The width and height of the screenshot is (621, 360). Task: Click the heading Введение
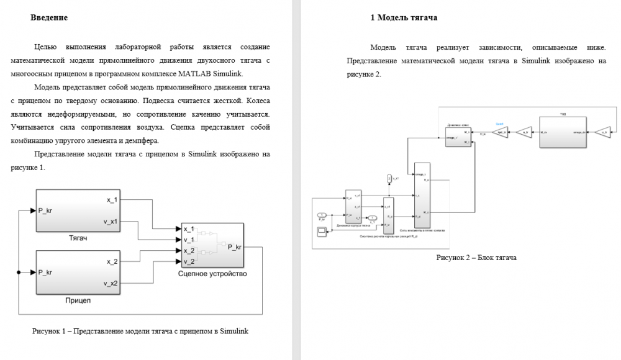(49, 18)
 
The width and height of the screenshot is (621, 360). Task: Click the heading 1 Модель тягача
(404, 18)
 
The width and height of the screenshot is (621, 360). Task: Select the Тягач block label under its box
(78, 238)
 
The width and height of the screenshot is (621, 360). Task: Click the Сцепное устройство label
(212, 274)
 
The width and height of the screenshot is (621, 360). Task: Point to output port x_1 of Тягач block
(112, 200)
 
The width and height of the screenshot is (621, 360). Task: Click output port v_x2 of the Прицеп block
(112, 284)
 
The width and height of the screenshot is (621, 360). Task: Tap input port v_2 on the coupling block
(189, 261)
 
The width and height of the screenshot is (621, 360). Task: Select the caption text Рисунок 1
(140, 331)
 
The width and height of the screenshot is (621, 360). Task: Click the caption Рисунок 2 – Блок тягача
(476, 257)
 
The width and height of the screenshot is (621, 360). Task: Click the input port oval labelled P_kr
(322, 215)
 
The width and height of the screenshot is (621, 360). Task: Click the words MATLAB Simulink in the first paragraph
(214, 74)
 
